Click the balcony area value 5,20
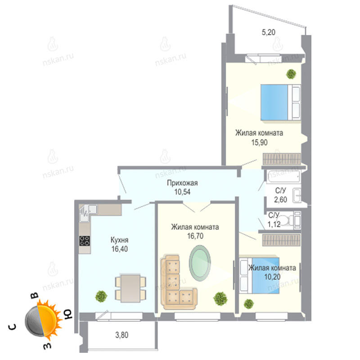(x=268, y=32)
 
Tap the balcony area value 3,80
(x=121, y=335)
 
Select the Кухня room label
(x=119, y=240)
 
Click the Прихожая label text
(x=182, y=183)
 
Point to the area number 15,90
(x=260, y=142)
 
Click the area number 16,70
(x=195, y=236)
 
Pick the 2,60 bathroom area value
(x=280, y=199)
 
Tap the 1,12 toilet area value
(x=274, y=224)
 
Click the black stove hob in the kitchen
(x=85, y=241)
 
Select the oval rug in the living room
(x=200, y=263)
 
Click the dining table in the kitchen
(x=130, y=288)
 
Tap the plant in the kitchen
(x=101, y=296)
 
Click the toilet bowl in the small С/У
(x=285, y=220)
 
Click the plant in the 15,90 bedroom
(x=291, y=74)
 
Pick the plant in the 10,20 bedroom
(x=249, y=304)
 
